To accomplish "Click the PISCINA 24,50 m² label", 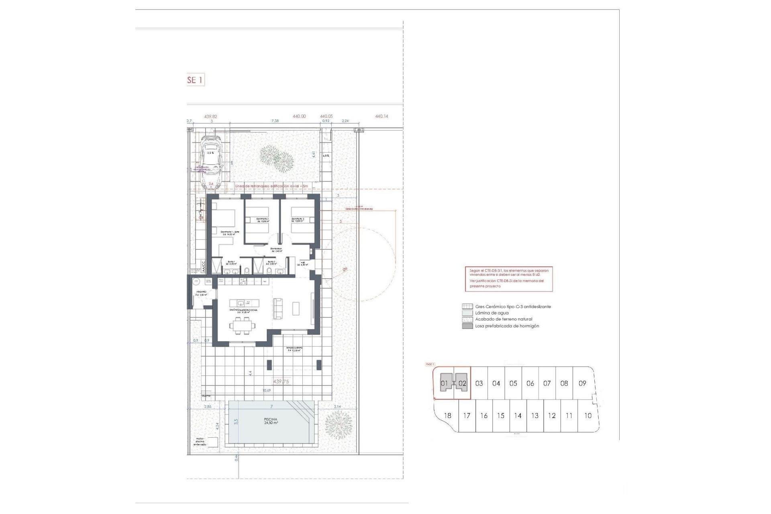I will coord(271,421).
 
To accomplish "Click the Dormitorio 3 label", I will coord(298,220).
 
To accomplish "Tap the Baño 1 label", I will coord(232,263).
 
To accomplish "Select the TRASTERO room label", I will coord(201,293).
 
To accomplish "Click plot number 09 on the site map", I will coord(582,383).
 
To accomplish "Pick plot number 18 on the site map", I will coord(447,416).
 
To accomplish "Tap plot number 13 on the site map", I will coord(534,416).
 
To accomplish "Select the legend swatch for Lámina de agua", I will coord(467,313).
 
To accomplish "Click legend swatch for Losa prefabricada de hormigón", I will coord(467,326).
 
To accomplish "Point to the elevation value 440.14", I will coord(381,116).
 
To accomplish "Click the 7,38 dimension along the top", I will coord(275,120).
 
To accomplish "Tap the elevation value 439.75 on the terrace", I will coord(281,381).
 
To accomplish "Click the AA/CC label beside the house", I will coord(203,267).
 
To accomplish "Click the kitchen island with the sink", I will coord(244,303).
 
